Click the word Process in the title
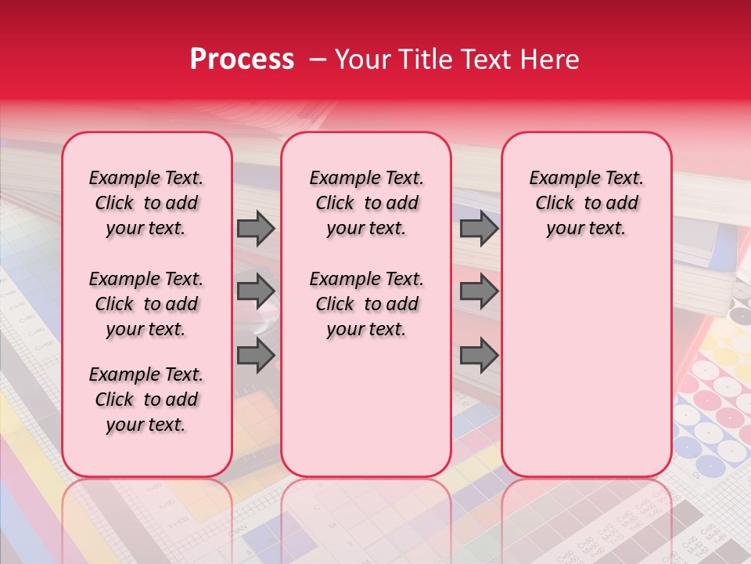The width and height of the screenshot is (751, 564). tap(241, 60)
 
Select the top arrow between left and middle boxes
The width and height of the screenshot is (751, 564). tap(256, 228)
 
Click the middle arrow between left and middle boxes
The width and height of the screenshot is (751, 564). tap(256, 291)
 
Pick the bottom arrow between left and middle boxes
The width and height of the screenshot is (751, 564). tap(256, 356)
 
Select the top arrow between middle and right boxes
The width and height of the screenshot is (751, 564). tap(479, 228)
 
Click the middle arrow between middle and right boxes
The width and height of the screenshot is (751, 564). tap(479, 291)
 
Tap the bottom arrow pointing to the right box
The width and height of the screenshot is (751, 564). tap(479, 356)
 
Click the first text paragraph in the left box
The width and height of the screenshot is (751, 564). tap(146, 203)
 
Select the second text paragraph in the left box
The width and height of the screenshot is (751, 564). tap(146, 304)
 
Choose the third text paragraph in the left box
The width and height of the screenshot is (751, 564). tap(146, 399)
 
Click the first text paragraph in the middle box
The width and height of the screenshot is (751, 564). tap(367, 203)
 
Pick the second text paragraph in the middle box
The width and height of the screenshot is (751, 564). tap(367, 304)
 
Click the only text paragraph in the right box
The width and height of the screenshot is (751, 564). tap(587, 203)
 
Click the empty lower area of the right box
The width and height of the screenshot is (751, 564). tap(587, 376)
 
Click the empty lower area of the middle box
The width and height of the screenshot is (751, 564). tap(367, 407)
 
